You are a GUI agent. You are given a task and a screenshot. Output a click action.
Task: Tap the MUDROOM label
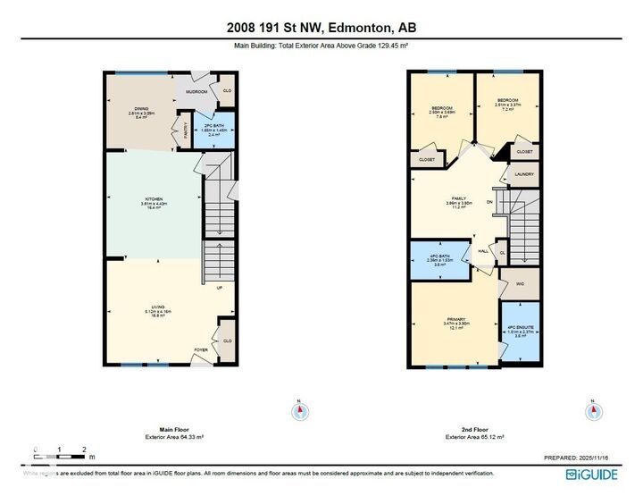click(x=196, y=92)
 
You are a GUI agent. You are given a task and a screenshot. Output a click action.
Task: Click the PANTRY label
click(x=186, y=130)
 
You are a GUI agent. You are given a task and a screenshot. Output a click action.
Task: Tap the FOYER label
click(x=202, y=349)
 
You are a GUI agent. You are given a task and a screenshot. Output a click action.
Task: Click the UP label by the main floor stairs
click(x=219, y=288)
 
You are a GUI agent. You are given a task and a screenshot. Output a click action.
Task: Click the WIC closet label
click(x=518, y=284)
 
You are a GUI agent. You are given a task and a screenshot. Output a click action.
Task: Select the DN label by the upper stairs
click(x=489, y=202)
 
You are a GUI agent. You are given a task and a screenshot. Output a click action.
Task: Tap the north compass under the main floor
click(x=301, y=412)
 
